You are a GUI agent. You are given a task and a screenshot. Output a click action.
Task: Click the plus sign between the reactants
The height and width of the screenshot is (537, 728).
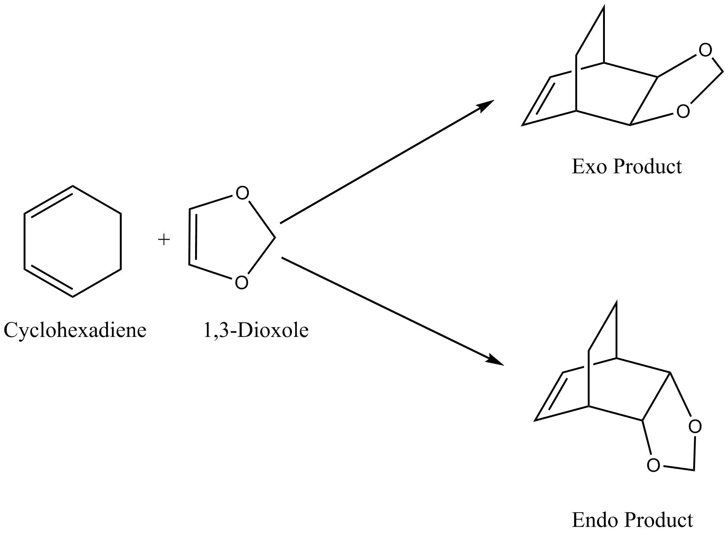pos(164,240)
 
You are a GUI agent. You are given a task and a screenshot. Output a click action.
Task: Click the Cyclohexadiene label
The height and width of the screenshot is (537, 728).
pos(75,331)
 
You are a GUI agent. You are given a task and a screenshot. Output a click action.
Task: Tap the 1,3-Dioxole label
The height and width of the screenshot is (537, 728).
pos(256,331)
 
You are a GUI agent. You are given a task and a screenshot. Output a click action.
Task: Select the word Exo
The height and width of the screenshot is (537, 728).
pos(589,167)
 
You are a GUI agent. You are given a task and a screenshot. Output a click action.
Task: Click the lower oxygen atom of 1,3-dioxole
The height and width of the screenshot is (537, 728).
pos(241,283)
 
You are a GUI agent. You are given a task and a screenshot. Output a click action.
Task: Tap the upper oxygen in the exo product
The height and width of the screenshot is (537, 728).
pos(705,51)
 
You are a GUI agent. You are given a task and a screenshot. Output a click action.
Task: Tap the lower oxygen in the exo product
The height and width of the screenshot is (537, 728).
pos(683,111)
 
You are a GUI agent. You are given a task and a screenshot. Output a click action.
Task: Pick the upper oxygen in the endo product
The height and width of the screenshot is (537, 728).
pos(695,426)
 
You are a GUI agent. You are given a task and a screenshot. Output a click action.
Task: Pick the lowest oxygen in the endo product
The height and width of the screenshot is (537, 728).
pos(653,466)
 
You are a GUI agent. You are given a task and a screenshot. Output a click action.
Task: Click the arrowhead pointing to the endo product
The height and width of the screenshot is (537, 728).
pos(496,360)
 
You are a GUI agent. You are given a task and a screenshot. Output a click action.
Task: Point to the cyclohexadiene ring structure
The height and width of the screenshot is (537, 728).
pos(72,241)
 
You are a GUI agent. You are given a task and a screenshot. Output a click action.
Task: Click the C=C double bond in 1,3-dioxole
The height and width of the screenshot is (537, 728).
pos(191,237)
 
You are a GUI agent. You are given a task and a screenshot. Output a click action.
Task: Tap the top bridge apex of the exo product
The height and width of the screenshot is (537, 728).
pos(604,6)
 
